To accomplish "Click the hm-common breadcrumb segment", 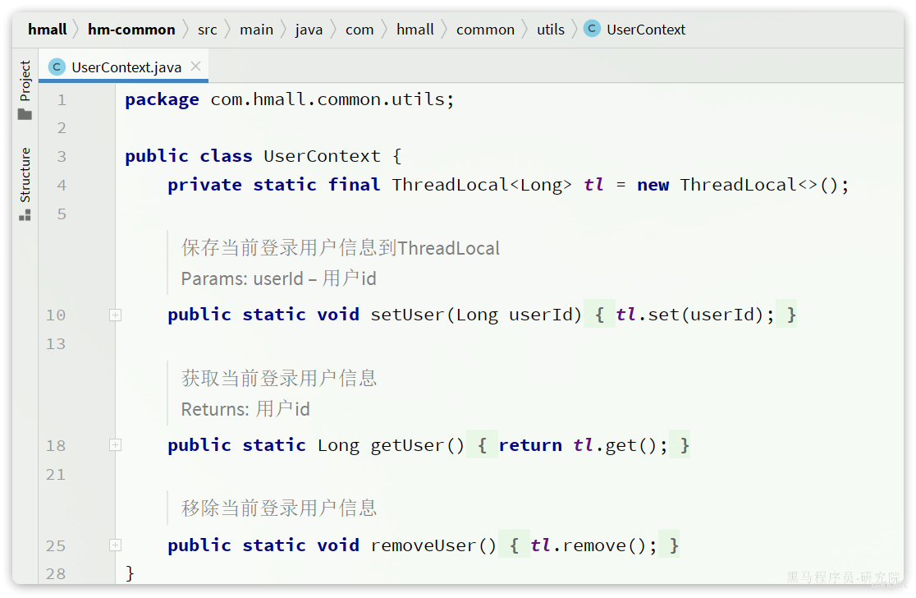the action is [x=131, y=30].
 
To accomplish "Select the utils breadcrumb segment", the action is [x=550, y=30].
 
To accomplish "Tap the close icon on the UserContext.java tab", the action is [x=195, y=67].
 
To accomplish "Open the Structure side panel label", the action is [x=25, y=175].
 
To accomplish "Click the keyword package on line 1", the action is [x=162, y=99].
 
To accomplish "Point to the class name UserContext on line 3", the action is [x=322, y=156].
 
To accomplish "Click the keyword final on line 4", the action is [x=354, y=185].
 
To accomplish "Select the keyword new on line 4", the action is [x=653, y=186].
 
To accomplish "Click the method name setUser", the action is [x=408, y=315].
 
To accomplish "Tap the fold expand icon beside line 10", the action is [x=115, y=315].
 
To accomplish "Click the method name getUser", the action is [x=408, y=445].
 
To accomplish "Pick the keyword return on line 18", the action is [x=530, y=445].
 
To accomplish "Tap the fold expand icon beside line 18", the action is [x=115, y=445].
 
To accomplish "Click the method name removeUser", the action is [x=424, y=545].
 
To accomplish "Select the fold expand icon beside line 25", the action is [x=115, y=545].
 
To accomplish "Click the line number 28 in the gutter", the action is [x=56, y=574].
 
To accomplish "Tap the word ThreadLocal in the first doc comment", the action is [x=449, y=248].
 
